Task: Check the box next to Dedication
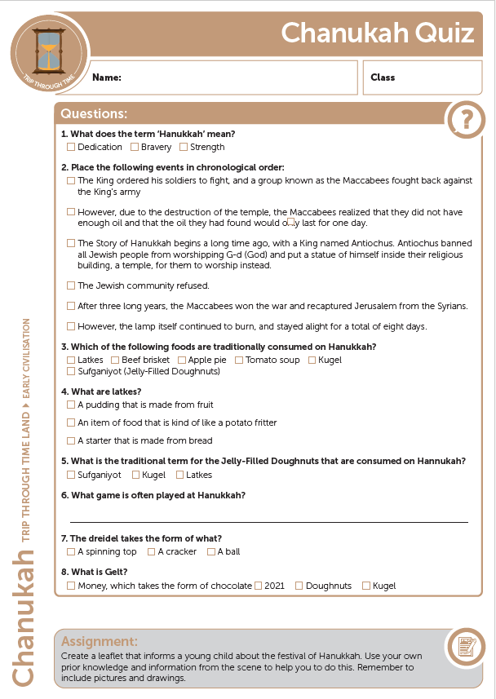[x=71, y=147]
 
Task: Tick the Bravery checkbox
[x=134, y=147]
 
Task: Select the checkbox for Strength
[x=184, y=147]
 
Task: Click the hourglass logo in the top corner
[x=50, y=51]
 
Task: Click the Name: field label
[x=107, y=77]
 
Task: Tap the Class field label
[x=383, y=77]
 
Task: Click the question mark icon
[x=466, y=120]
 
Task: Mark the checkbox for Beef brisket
[x=115, y=360]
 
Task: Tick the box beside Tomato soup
[x=239, y=360]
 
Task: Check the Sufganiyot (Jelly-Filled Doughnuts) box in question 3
[x=71, y=371]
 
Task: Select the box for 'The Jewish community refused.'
[x=71, y=285]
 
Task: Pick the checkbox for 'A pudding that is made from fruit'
[x=71, y=405]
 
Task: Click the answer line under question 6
[x=269, y=520]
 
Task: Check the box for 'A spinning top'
[x=71, y=551]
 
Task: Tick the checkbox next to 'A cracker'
[x=151, y=551]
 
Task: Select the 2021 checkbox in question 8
[x=258, y=586]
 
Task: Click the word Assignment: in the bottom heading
[x=100, y=641]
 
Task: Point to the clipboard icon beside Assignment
[x=466, y=647]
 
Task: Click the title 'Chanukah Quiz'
[x=378, y=33]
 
